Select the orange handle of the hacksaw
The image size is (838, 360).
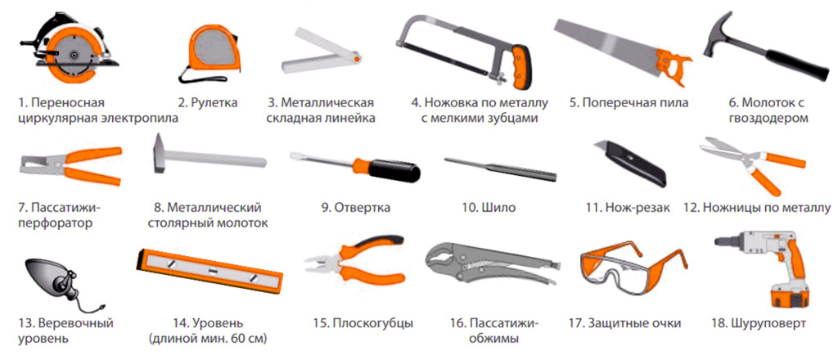[521, 67]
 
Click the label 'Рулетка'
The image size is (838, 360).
[208, 102]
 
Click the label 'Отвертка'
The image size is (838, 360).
[355, 208]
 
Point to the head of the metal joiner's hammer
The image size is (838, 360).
[159, 153]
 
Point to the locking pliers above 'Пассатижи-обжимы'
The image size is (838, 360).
[492, 266]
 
